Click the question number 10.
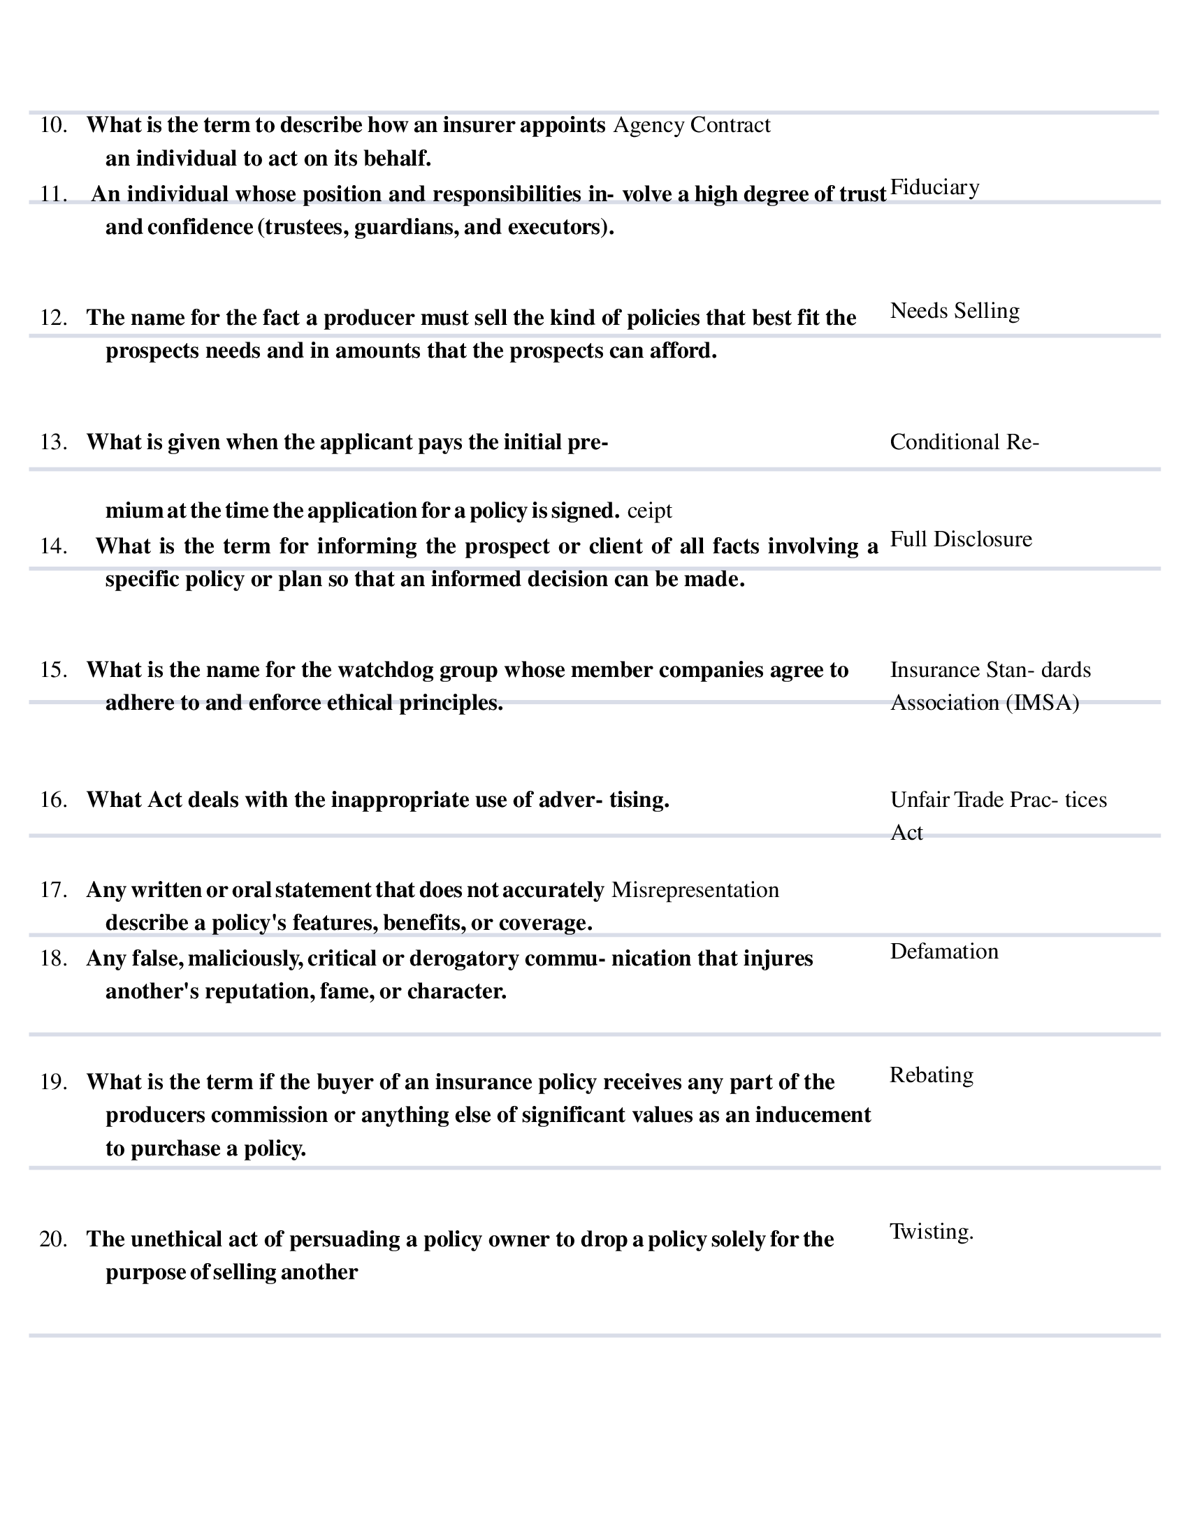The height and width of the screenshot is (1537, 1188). click(54, 126)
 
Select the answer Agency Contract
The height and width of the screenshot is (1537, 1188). click(692, 126)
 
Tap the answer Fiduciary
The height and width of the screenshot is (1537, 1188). click(934, 188)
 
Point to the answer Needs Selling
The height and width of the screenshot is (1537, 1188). click(955, 311)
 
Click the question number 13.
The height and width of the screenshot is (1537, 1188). click(54, 443)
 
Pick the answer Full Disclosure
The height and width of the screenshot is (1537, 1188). click(961, 540)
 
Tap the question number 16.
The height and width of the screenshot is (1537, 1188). click(54, 800)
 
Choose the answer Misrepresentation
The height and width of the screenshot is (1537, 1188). click(695, 890)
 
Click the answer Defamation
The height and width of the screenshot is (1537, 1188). click(944, 952)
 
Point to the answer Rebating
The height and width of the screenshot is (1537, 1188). click(931, 1075)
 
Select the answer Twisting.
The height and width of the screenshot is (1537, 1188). click(931, 1232)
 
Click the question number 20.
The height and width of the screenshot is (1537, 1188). click(54, 1239)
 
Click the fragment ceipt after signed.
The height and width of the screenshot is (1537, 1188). click(649, 511)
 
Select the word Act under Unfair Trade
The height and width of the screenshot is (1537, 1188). click(906, 833)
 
